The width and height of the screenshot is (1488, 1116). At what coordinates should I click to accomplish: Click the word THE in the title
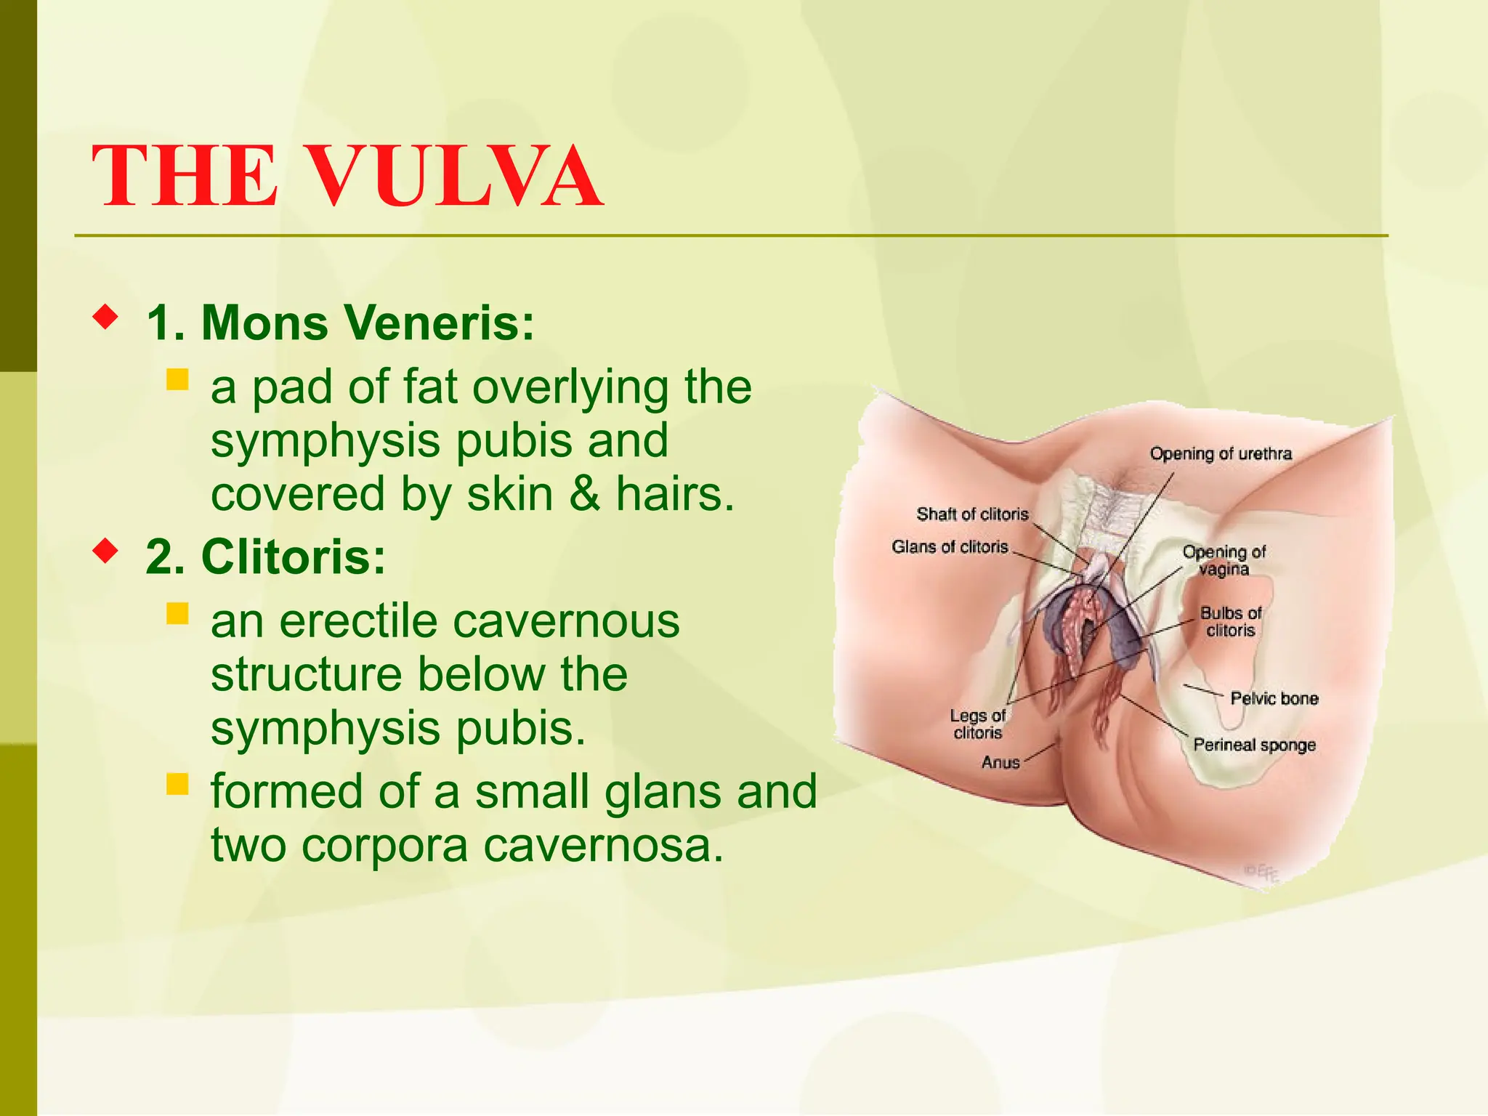click(184, 177)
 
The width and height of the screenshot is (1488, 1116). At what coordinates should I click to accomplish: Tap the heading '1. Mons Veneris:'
click(340, 322)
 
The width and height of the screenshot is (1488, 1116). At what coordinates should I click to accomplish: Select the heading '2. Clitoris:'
click(265, 557)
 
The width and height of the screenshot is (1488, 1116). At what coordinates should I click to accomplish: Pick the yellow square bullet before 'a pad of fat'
click(177, 379)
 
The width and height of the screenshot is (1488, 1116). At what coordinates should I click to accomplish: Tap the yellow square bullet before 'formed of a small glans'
click(177, 784)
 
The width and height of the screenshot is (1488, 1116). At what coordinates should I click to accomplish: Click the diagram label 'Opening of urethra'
click(1221, 454)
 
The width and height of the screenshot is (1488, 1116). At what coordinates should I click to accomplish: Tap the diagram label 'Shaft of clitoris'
click(972, 514)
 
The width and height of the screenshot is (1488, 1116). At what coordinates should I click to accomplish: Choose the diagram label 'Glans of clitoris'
click(950, 546)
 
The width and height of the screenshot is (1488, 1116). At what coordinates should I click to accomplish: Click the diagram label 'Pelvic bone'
click(1274, 698)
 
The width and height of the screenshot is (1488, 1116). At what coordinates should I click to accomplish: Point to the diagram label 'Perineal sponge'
click(1254, 745)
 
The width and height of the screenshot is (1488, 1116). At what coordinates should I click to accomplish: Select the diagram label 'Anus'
click(1000, 762)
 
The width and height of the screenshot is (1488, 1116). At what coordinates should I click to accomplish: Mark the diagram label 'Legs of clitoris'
click(977, 724)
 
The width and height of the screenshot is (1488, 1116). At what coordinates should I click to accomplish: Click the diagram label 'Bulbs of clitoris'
click(1231, 622)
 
